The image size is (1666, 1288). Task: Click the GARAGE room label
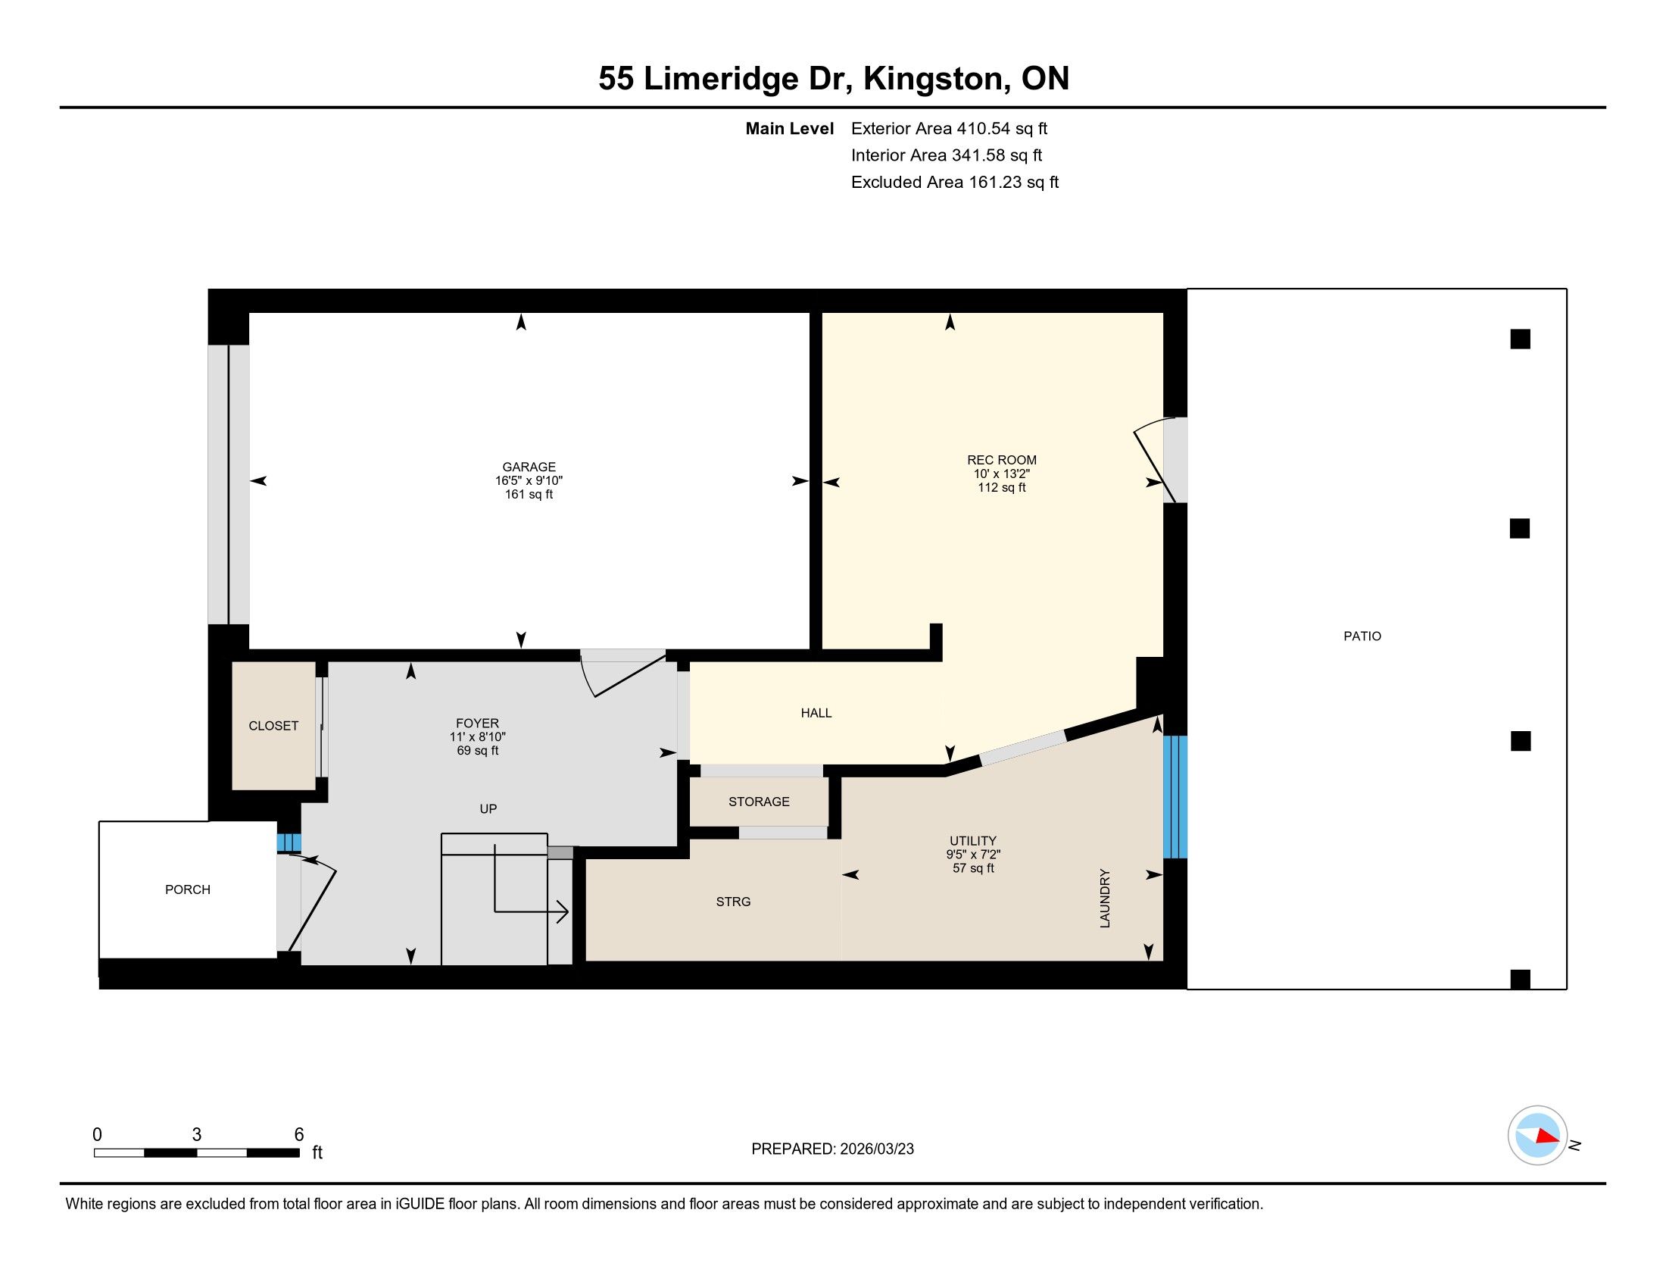point(529,467)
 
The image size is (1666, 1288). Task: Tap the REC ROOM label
point(1002,460)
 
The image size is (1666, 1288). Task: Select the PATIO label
point(1362,636)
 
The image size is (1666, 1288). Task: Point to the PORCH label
point(188,889)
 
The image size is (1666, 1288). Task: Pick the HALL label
point(816,714)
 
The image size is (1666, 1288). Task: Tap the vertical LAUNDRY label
point(1105,898)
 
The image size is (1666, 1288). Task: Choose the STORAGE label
point(759,802)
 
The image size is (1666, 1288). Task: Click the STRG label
point(733,902)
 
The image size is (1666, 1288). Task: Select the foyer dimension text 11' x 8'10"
point(478,737)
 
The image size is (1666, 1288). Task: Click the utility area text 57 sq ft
point(973,868)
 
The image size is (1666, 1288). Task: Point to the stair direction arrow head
point(563,911)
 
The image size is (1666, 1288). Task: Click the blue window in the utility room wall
point(1175,796)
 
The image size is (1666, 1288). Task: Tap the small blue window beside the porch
point(289,843)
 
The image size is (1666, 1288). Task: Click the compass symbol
point(1538,1136)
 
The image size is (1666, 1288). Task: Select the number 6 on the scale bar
point(299,1135)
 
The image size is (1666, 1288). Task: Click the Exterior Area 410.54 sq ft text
point(950,129)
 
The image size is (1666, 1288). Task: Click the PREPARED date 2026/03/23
point(876,1149)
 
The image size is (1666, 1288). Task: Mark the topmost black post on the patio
point(1521,339)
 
